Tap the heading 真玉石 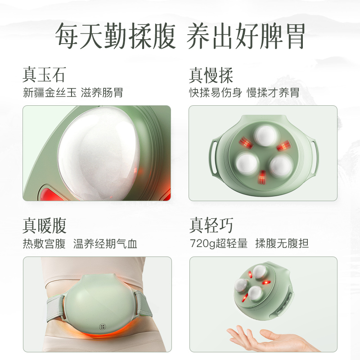[x=44, y=75]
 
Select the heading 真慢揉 [x=211, y=75]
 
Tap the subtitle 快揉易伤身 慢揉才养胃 [x=244, y=93]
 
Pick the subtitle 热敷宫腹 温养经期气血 [x=80, y=244]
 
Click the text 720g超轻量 [x=218, y=244]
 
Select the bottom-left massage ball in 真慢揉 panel [x=246, y=162]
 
